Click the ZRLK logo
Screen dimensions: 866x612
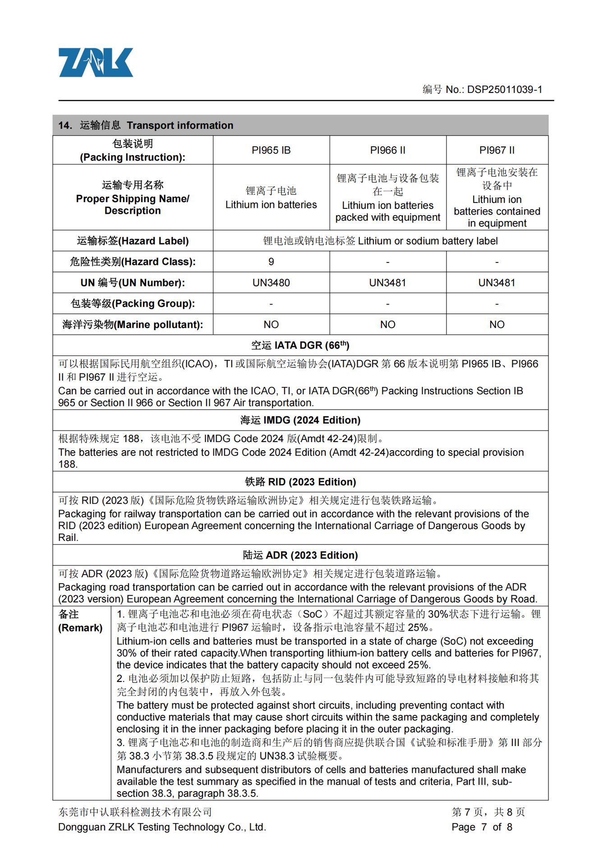click(x=96, y=62)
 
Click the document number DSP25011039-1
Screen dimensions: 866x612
click(x=504, y=89)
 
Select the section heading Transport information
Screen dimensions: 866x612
click(x=179, y=125)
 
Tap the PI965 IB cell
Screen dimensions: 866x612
click(x=271, y=150)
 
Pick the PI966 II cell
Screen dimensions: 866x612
click(x=387, y=150)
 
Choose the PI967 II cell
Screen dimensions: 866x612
click(x=497, y=150)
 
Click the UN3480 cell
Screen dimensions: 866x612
click(x=271, y=283)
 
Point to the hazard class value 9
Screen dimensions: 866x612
click(x=271, y=262)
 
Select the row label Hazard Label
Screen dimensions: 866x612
click(x=133, y=241)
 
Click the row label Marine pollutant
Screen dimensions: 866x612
click(x=133, y=325)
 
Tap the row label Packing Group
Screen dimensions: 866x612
click(x=133, y=304)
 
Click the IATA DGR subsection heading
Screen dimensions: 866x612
click(x=300, y=345)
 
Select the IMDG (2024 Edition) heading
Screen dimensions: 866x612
click(x=300, y=420)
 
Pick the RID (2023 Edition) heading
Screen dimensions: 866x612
click(x=300, y=482)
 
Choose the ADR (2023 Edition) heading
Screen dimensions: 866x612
click(x=300, y=555)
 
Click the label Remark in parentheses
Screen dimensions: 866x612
click(x=80, y=628)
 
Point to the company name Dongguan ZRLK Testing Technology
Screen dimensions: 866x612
click(x=162, y=827)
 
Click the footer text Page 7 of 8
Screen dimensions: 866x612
click(x=482, y=827)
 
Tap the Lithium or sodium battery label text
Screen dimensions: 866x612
click(x=428, y=241)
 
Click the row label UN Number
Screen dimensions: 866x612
click(x=133, y=283)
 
